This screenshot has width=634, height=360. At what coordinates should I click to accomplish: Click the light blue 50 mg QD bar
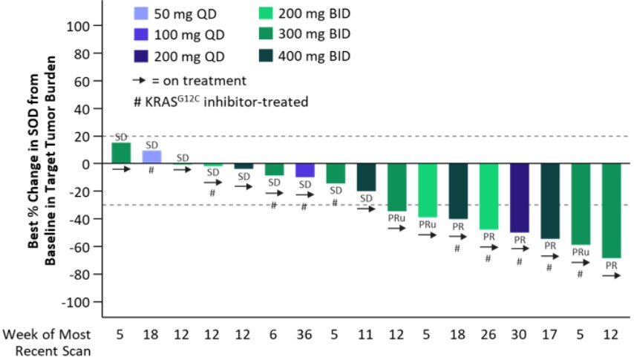click(151, 157)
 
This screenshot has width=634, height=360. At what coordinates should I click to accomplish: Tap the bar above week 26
click(488, 196)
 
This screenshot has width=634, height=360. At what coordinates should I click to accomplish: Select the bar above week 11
click(366, 177)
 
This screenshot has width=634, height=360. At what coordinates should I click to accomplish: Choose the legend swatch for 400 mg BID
click(267, 56)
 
